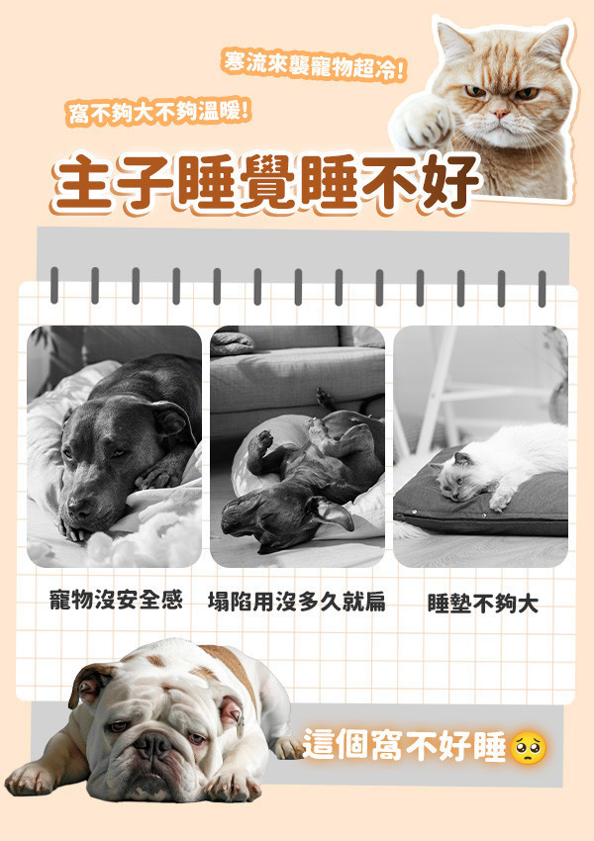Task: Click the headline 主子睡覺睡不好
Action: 267,183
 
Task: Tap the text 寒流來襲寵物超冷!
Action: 314,66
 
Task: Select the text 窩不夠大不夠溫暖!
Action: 158,110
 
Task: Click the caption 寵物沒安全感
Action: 116,600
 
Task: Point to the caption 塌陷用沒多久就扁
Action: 297,601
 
